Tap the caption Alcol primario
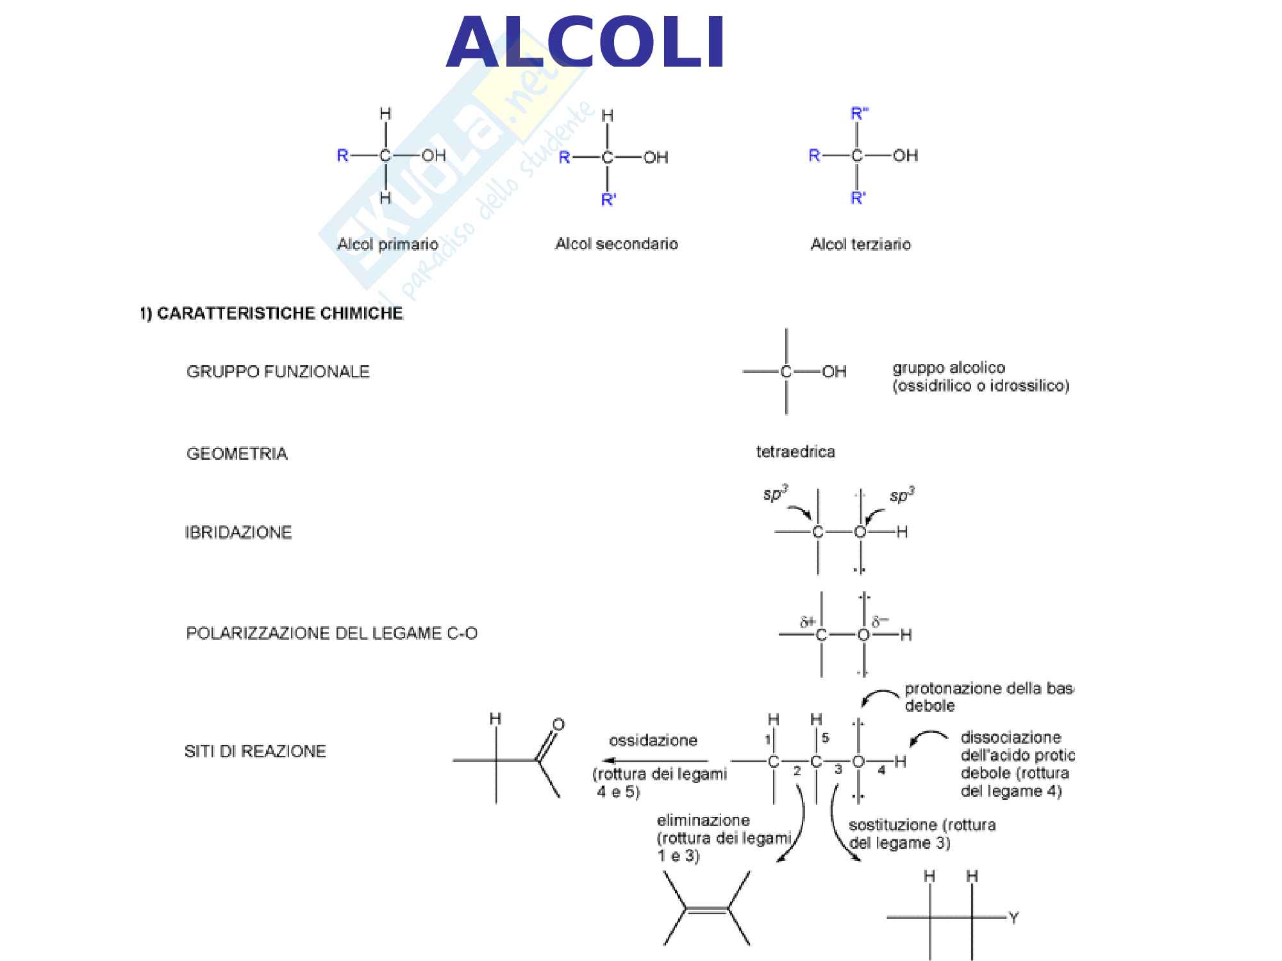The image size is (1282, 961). (387, 244)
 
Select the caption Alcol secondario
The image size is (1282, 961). (616, 243)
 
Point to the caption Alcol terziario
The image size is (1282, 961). (860, 244)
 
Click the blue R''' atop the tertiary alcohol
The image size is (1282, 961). (858, 113)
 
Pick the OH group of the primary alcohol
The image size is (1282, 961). (433, 155)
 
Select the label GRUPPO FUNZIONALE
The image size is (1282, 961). (278, 372)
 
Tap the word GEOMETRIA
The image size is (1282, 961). (237, 454)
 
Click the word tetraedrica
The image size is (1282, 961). (795, 452)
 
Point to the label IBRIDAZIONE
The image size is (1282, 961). (238, 532)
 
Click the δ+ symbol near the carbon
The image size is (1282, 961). (807, 621)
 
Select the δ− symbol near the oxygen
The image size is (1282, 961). (880, 621)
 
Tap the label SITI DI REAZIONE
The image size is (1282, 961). (254, 751)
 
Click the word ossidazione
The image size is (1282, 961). (653, 741)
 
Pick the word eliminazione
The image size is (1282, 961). (703, 820)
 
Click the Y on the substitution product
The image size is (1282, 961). (1013, 918)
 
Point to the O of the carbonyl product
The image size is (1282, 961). (558, 725)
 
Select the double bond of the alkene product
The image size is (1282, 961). (706, 910)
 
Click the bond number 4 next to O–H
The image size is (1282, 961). (881, 770)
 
